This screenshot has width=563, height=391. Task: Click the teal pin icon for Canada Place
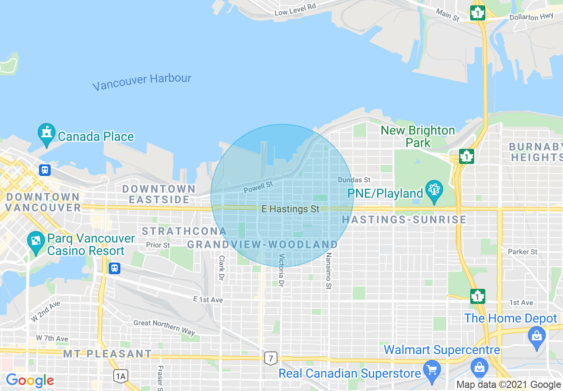46,135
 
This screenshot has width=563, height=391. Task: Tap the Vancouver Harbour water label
142,82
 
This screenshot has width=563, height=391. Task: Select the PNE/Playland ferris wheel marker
433,191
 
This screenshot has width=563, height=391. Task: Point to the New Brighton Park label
418,136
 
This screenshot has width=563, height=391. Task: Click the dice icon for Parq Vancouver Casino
35,242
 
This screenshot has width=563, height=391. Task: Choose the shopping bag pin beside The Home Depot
536,336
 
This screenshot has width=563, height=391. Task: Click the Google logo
30,380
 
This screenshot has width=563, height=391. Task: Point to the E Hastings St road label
290,209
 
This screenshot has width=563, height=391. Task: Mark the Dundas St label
354,180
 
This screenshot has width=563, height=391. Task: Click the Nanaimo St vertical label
329,271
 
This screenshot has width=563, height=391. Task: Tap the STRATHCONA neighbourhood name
184,231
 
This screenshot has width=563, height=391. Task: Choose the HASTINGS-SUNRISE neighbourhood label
404,219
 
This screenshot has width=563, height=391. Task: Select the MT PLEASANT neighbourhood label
107,354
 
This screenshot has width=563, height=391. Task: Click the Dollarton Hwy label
531,16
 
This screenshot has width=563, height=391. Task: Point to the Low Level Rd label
295,9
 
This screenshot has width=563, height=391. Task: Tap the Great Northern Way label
164,327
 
